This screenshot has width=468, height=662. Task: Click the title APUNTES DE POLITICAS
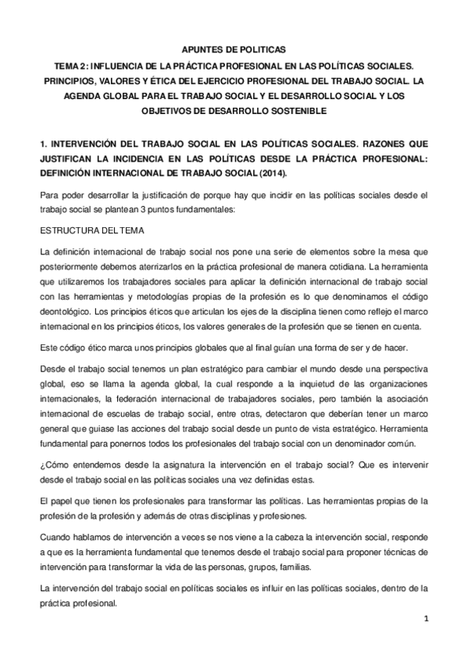[233, 49]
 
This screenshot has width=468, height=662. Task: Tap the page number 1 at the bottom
[426, 620]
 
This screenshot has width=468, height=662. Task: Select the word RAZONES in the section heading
[373, 144]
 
